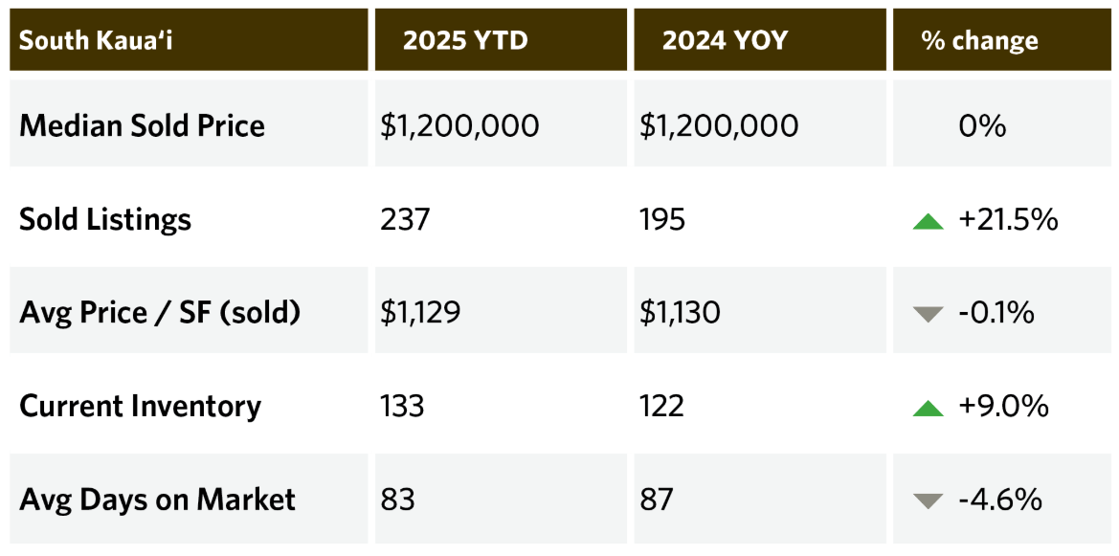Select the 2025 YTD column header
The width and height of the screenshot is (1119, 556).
point(465,40)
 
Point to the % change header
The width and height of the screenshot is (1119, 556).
point(979,40)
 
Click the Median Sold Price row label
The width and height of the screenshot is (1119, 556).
point(142,125)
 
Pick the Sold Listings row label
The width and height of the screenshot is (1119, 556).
point(105,219)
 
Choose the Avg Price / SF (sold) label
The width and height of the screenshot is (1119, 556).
point(160,312)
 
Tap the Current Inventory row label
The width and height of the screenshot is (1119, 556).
point(140,406)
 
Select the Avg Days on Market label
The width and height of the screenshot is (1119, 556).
point(157,499)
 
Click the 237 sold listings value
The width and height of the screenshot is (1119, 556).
point(405,219)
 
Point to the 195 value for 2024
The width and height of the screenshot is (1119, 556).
point(662,219)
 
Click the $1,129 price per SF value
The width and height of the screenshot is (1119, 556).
point(420,312)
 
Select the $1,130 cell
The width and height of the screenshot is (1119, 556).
point(680,312)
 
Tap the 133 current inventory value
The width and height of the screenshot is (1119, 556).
point(402,406)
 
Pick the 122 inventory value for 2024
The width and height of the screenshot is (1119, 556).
point(661,406)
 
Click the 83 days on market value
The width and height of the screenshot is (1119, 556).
point(397,499)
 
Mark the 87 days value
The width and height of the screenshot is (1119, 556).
point(657,499)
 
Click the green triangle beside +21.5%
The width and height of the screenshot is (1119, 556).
point(929,221)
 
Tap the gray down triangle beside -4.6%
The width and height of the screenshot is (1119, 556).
point(929,500)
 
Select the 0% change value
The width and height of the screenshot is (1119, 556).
point(982,125)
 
